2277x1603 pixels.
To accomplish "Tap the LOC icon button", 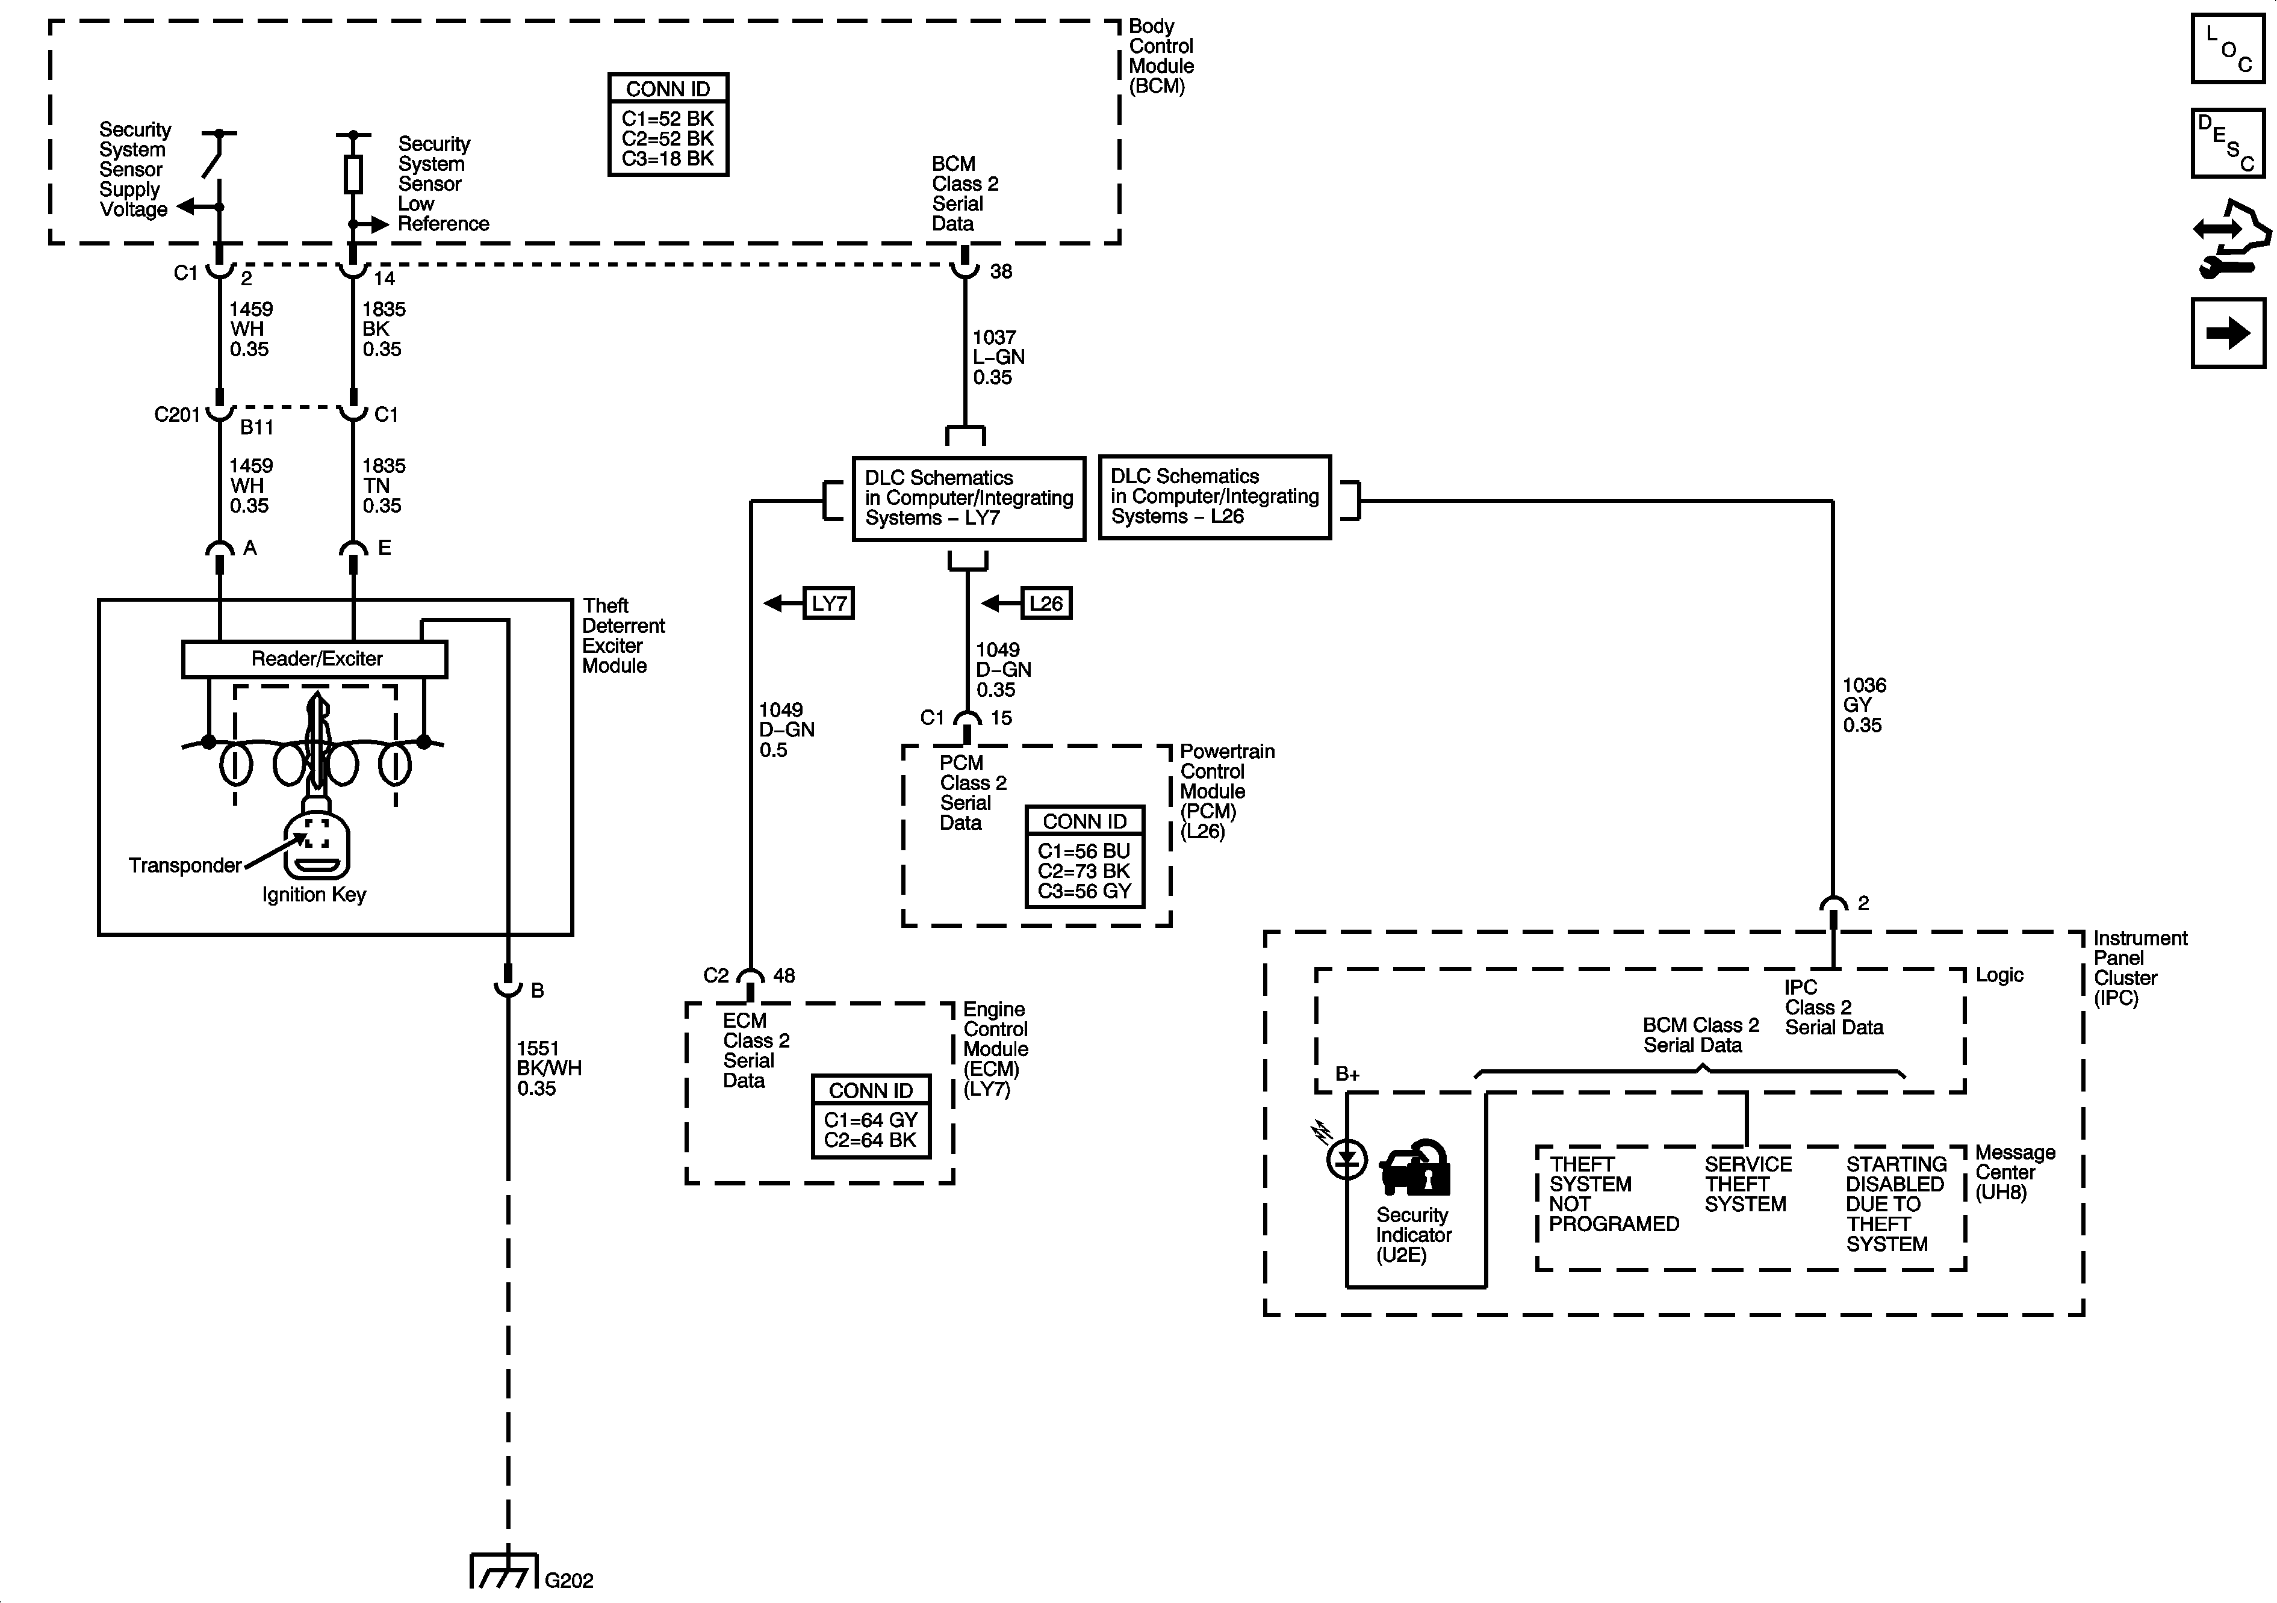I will tap(2228, 49).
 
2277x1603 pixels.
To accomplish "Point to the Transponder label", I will tap(184, 865).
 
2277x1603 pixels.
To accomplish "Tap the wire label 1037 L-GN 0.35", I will tap(998, 357).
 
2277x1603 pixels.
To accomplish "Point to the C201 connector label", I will tap(178, 415).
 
